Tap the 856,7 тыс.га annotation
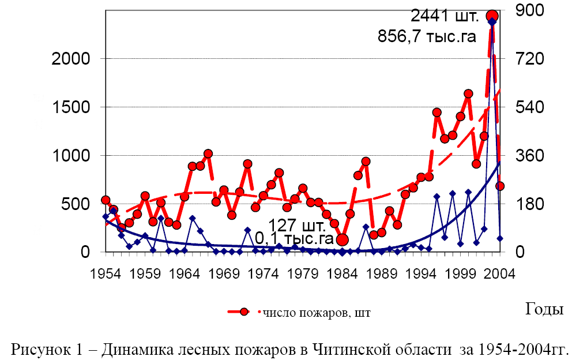pos(427,37)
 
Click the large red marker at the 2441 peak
pos(492,16)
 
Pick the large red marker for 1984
pos(342,239)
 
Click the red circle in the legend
pos(244,312)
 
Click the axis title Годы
pos(544,309)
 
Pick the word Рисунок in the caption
pos(40,349)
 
